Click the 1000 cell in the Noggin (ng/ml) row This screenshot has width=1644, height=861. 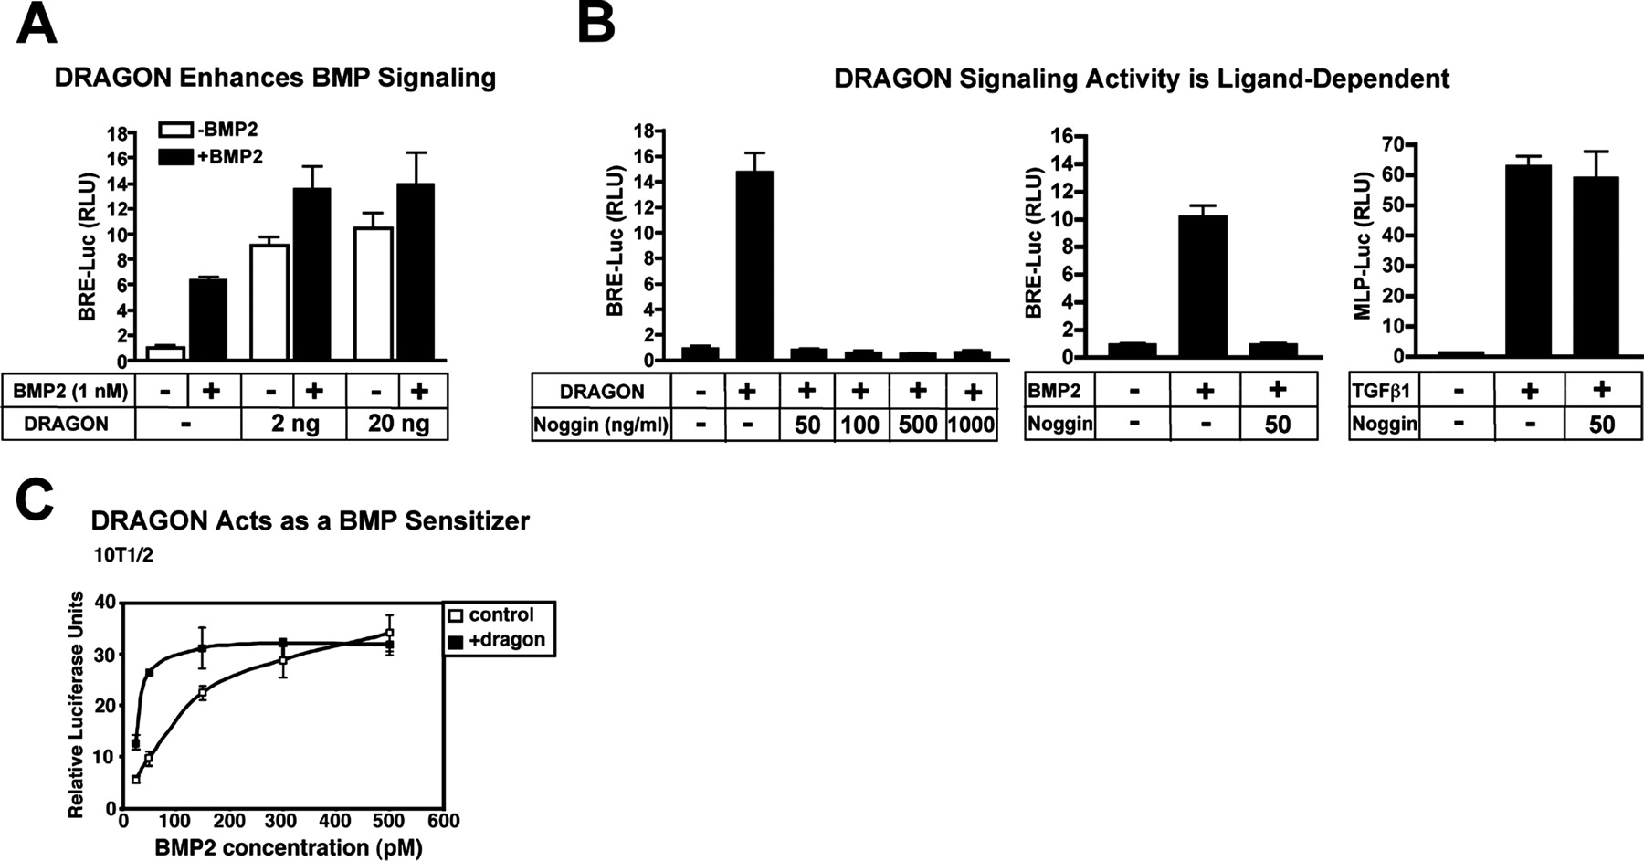coord(971,425)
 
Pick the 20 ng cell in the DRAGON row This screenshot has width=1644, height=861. coord(396,424)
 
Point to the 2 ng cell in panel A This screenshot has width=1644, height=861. coord(293,424)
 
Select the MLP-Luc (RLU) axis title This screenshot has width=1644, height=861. coord(1364,246)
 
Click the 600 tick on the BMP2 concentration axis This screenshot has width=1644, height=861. coord(444,821)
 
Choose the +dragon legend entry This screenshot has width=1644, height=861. coord(499,640)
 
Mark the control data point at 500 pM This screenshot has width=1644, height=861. coord(390,633)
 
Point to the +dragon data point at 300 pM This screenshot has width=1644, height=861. coord(283,643)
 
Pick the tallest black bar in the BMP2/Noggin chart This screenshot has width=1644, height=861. coord(1203,286)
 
